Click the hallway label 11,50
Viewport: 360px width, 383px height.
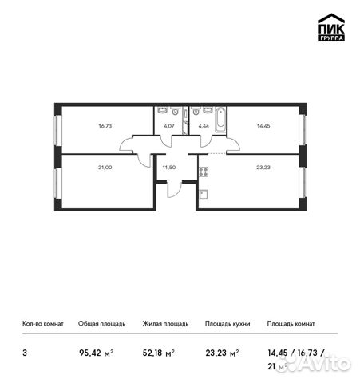coord(168,168)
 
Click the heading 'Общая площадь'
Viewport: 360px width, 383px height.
coord(101,324)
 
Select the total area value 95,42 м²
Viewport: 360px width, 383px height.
coord(95,350)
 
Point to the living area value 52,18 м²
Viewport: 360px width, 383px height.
coord(158,350)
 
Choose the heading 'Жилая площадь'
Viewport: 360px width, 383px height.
coord(165,324)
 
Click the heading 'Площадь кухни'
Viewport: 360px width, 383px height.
coord(227,324)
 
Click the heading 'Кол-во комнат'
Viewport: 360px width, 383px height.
coord(42,324)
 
